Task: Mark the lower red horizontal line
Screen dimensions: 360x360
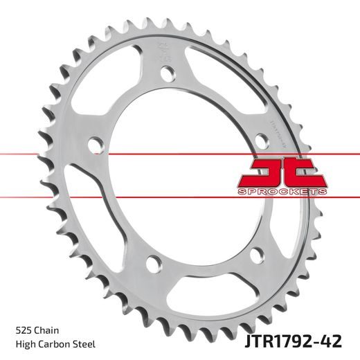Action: coord(180,198)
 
